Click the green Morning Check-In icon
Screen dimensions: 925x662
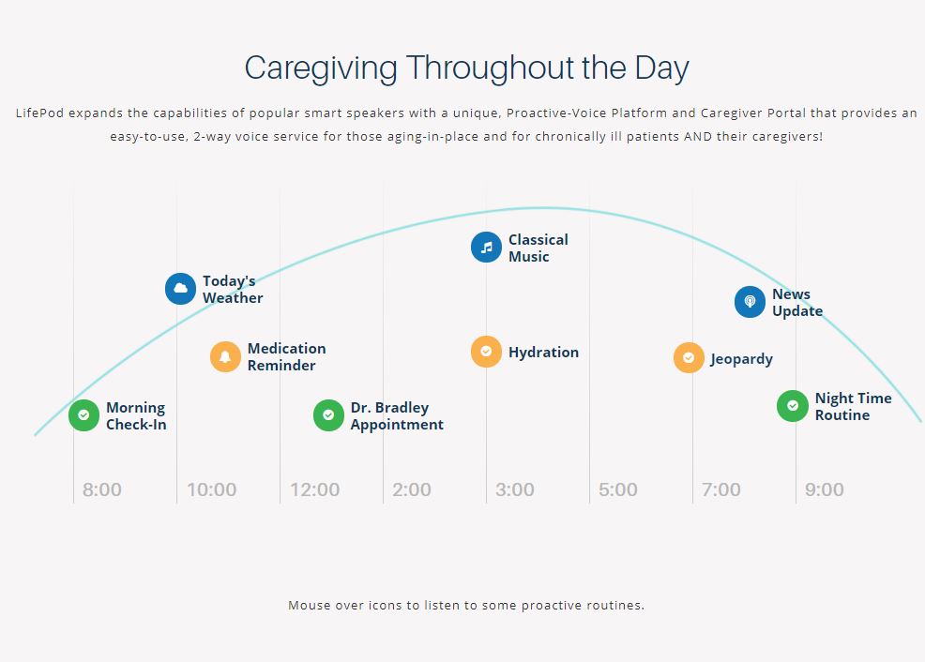tap(83, 415)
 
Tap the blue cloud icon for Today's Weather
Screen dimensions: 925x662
tap(180, 289)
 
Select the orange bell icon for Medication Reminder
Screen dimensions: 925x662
tap(225, 356)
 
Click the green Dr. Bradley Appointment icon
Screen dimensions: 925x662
tap(328, 415)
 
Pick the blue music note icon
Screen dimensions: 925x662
tap(486, 248)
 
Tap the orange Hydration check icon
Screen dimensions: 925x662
tap(486, 352)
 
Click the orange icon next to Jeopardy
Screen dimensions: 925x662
tap(689, 358)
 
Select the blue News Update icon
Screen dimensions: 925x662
tap(750, 302)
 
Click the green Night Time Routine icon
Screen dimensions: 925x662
tap(793, 406)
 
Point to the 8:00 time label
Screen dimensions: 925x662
tap(102, 489)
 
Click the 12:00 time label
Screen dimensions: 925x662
tap(314, 489)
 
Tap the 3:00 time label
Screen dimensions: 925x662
tap(515, 489)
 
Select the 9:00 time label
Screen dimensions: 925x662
tap(824, 489)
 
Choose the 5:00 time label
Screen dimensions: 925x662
tap(617, 489)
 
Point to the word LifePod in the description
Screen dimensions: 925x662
tap(39, 113)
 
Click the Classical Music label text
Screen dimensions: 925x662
tap(538, 248)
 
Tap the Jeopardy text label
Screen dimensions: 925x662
tap(741, 359)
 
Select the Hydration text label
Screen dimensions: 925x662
tap(543, 352)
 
